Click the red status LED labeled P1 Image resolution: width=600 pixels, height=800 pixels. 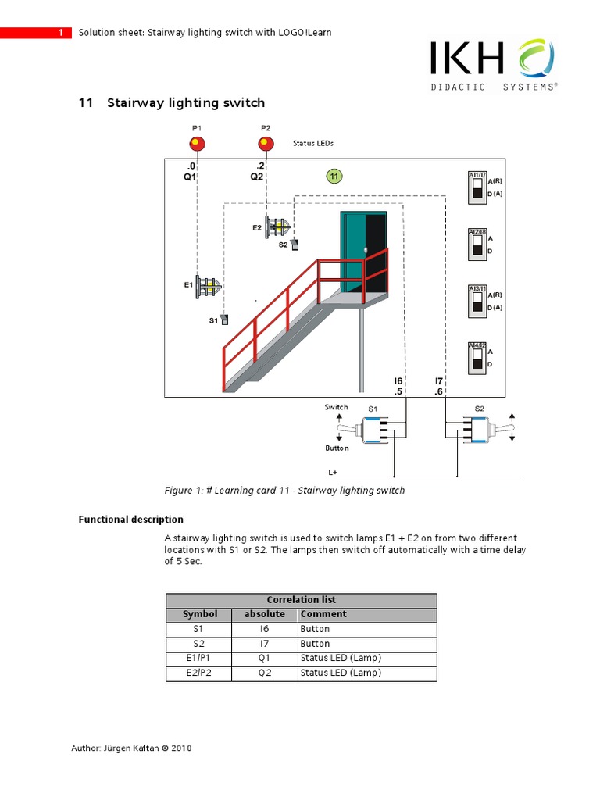(196, 144)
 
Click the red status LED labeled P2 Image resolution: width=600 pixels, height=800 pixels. (266, 144)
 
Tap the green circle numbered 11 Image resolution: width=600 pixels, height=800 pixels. (334, 177)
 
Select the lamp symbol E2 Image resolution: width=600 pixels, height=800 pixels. (277, 227)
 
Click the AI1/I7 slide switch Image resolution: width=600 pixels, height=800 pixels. (477, 188)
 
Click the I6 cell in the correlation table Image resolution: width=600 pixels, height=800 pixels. (265, 629)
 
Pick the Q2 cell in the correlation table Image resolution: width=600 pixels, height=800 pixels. (265, 673)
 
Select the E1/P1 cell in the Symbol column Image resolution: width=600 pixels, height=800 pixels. (199, 659)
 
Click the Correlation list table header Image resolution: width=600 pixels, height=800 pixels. (302, 600)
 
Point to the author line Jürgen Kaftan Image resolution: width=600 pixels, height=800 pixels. (131, 748)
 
